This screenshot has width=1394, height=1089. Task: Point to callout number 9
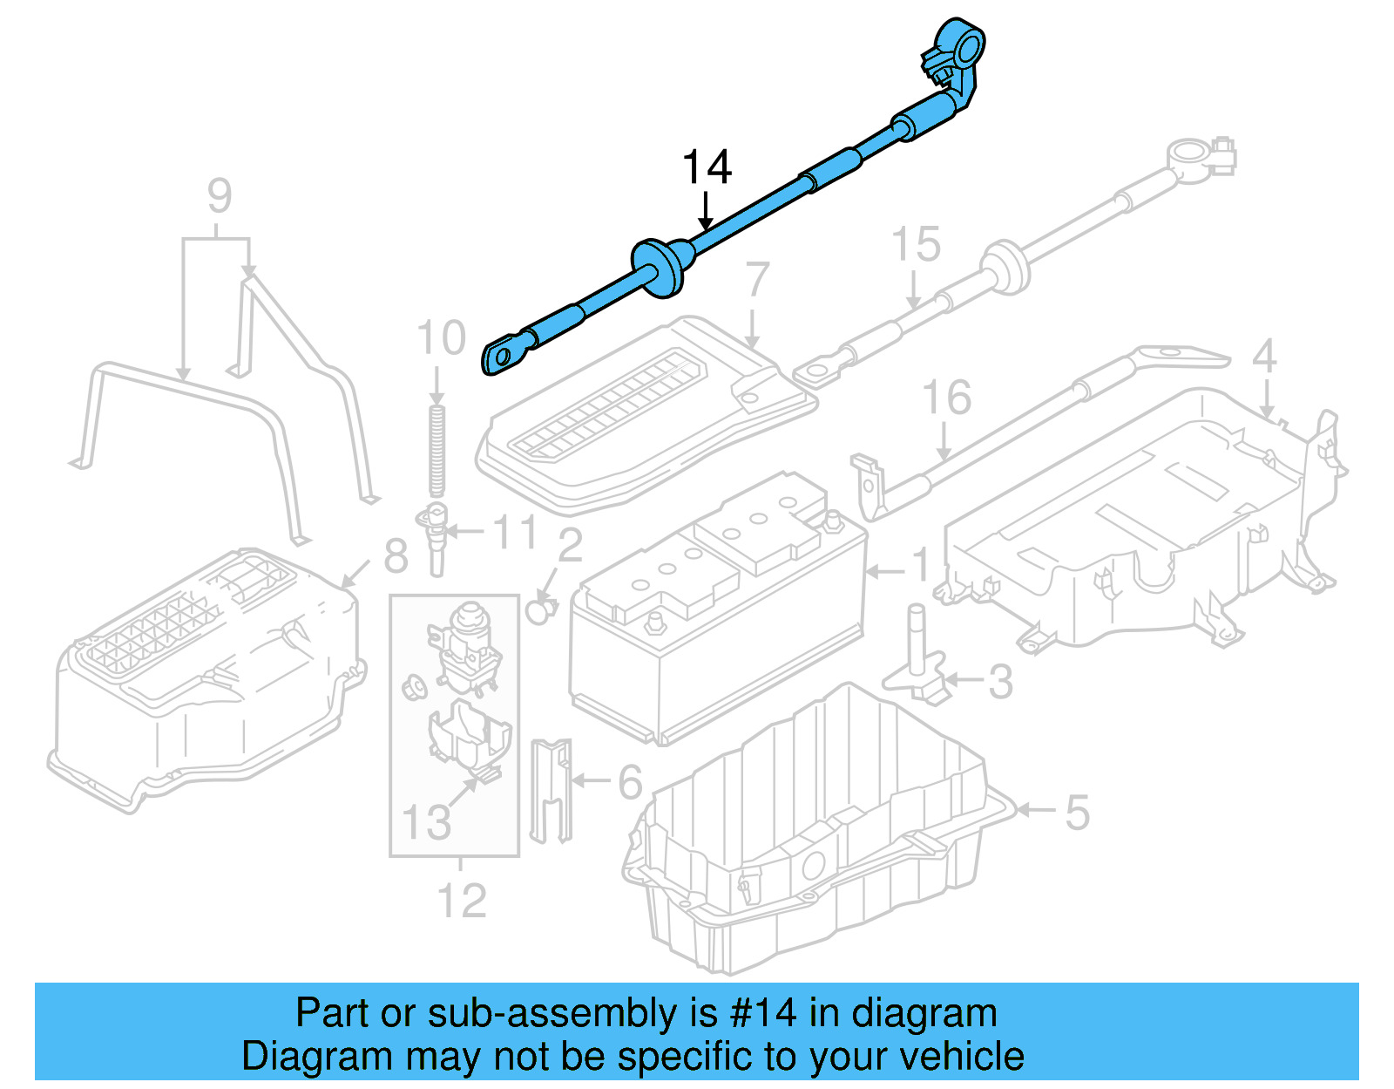click(220, 196)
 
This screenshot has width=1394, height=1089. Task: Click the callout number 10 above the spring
click(441, 338)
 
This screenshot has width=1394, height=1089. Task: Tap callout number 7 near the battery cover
click(756, 281)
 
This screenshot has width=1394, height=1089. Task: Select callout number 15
click(916, 245)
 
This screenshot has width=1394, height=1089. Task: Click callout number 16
click(946, 398)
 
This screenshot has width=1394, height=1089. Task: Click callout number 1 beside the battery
click(920, 565)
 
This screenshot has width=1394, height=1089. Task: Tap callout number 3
click(1000, 682)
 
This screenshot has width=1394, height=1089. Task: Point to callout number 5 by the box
click(1077, 813)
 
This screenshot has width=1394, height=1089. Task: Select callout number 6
click(630, 782)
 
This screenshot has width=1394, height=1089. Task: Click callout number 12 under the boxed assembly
click(461, 901)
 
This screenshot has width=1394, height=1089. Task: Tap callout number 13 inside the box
click(426, 822)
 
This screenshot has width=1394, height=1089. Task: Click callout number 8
click(396, 555)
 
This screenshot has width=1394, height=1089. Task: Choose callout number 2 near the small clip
click(570, 546)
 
